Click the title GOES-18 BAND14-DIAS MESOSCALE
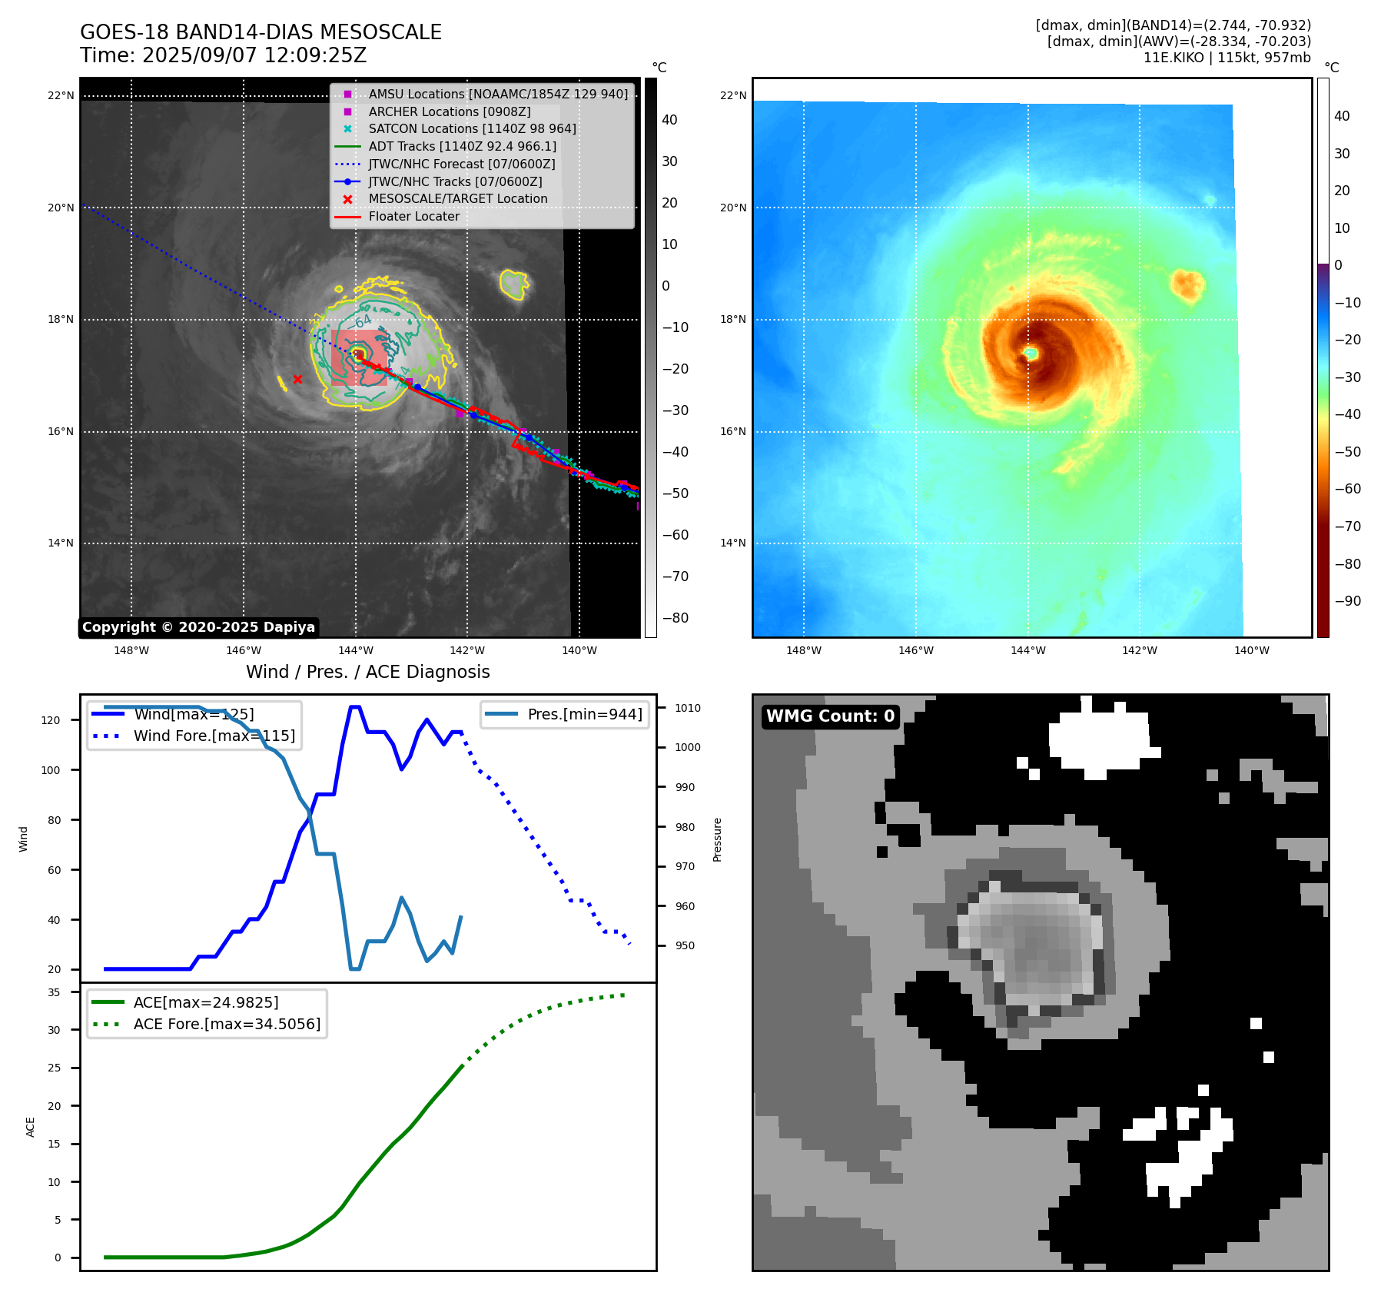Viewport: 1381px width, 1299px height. click(261, 32)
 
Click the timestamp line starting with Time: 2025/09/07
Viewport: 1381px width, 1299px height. click(223, 55)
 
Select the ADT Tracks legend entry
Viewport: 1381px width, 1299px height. click(462, 146)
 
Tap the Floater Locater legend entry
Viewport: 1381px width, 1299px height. click(413, 216)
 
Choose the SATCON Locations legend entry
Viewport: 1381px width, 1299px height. click(472, 128)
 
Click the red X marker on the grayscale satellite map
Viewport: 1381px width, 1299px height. click(297, 379)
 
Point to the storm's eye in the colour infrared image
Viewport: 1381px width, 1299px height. click(1031, 353)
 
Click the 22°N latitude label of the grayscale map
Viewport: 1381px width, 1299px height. click(61, 95)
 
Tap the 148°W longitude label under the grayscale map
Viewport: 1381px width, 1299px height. click(131, 650)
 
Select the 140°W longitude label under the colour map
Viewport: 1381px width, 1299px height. click(1251, 650)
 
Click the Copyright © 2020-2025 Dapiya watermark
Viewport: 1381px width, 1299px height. click(198, 627)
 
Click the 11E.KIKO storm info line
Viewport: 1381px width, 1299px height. click(1227, 58)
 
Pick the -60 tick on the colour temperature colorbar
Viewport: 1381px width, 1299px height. click(1347, 489)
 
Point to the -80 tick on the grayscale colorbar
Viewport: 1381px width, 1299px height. click(675, 617)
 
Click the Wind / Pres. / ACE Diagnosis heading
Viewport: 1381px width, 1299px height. click(367, 672)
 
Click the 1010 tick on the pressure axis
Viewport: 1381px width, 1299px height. click(688, 708)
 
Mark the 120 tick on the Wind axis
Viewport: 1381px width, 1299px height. click(50, 720)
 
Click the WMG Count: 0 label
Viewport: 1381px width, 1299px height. click(830, 716)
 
